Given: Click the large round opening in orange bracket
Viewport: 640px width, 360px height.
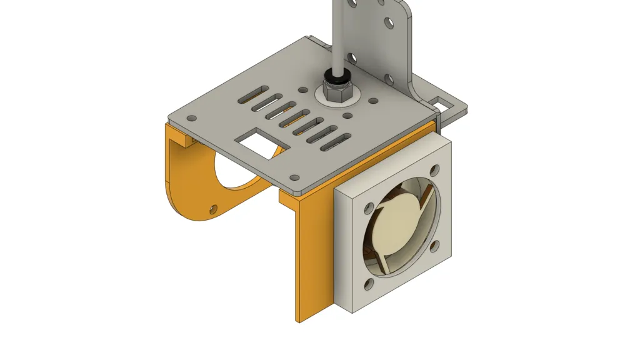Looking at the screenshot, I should pyautogui.click(x=241, y=169).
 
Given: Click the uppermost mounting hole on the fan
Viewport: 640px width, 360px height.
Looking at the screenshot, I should pyautogui.click(x=434, y=169).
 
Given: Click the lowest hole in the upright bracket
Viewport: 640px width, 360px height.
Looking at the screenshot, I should pyautogui.click(x=388, y=80).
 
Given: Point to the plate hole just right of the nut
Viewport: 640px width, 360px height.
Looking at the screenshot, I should pyautogui.click(x=372, y=101).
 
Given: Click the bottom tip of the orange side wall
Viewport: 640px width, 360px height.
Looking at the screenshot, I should pyautogui.click(x=299, y=320).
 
